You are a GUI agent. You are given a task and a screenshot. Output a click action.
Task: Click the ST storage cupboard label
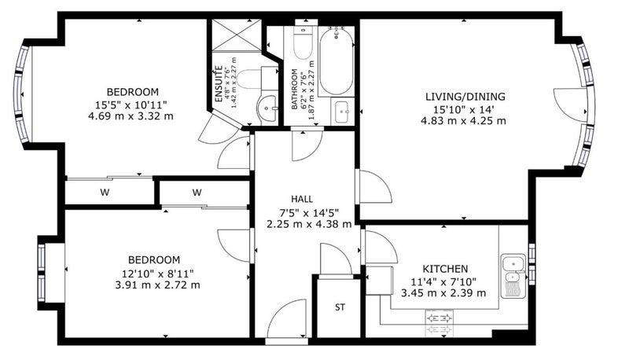[x=340, y=307]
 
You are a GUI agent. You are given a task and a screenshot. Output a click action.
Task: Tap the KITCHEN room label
[x=445, y=269]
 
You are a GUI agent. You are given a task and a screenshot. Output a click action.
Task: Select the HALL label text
[x=302, y=199]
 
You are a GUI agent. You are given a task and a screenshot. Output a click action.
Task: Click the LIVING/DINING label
[x=465, y=97]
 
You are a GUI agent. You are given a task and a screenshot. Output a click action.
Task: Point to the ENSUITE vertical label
[x=219, y=84]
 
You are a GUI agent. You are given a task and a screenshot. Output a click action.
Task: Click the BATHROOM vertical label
[x=294, y=89]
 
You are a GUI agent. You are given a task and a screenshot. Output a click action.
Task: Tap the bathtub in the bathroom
[x=337, y=62]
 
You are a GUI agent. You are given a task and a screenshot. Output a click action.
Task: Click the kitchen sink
[x=513, y=275]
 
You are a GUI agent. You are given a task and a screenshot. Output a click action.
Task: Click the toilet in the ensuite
[x=256, y=78]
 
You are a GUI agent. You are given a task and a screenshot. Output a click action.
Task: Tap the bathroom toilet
[x=302, y=44]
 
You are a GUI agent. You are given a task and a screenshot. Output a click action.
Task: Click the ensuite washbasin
[x=267, y=108]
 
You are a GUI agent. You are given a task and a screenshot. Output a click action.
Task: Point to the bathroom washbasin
[x=342, y=111]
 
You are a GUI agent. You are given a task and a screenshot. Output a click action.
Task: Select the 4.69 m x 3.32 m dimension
[x=131, y=116]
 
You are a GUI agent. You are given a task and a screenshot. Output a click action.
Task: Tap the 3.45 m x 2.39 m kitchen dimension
[x=443, y=293]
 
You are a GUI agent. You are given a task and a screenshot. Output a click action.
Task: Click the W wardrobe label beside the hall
[x=197, y=193]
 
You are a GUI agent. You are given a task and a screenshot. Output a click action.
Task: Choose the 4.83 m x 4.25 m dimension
[x=463, y=121]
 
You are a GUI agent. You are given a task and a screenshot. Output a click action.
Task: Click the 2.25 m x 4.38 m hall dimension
[x=309, y=224]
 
